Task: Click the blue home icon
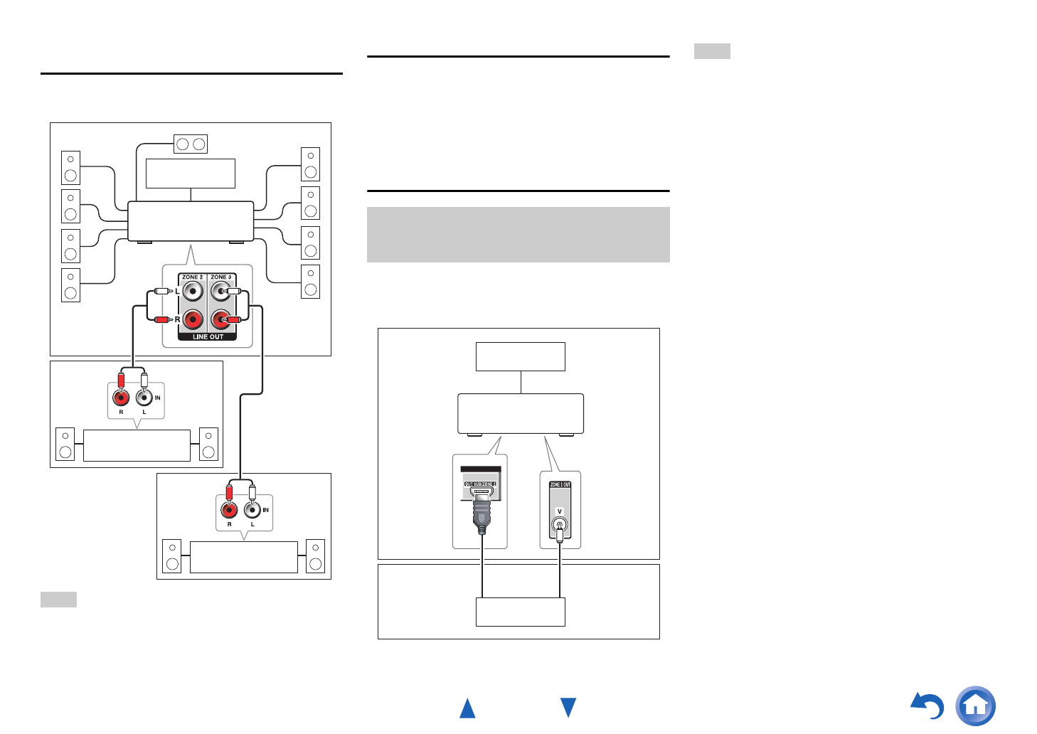pyautogui.click(x=975, y=706)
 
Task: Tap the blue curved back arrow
pyautogui.click(x=928, y=706)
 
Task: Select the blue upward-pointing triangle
pyautogui.click(x=467, y=708)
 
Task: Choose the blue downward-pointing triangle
pyautogui.click(x=568, y=707)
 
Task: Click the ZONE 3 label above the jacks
pyautogui.click(x=221, y=277)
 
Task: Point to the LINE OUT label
pyautogui.click(x=208, y=337)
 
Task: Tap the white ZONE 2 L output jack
pyautogui.click(x=193, y=292)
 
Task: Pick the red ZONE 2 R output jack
pyautogui.click(x=193, y=320)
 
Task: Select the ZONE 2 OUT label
pyautogui.click(x=560, y=484)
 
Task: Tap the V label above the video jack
pyautogui.click(x=560, y=511)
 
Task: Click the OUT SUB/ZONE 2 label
pyautogui.click(x=480, y=484)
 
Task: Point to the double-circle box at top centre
pyautogui.click(x=191, y=144)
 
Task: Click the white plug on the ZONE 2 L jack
pyautogui.click(x=161, y=291)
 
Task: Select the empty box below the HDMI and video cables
pyautogui.click(x=520, y=612)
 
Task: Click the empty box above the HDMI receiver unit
pyautogui.click(x=520, y=356)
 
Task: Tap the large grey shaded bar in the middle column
pyautogui.click(x=518, y=235)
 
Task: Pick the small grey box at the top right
pyautogui.click(x=712, y=51)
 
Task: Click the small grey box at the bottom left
pyautogui.click(x=58, y=599)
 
